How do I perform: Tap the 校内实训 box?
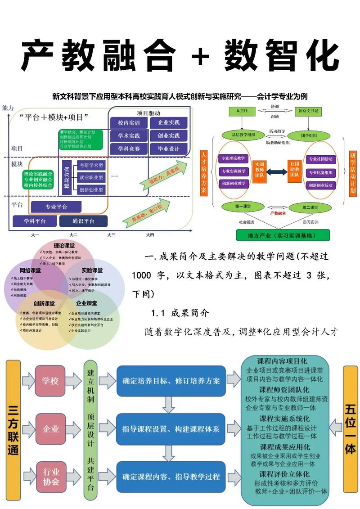pos(129,122)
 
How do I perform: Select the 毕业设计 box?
pos(168,149)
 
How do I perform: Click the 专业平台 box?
pos(56,207)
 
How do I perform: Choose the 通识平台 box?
pos(83,221)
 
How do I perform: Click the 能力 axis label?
pos(8,108)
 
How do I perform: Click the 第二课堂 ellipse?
pos(310,207)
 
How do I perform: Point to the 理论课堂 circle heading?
pos(63,246)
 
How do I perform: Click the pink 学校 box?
pos(50,381)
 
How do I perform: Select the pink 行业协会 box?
pos(51,477)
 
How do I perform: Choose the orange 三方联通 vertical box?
pos(13,429)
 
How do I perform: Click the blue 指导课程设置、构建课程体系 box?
pos(171,429)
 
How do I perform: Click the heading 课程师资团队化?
pos(283,390)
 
